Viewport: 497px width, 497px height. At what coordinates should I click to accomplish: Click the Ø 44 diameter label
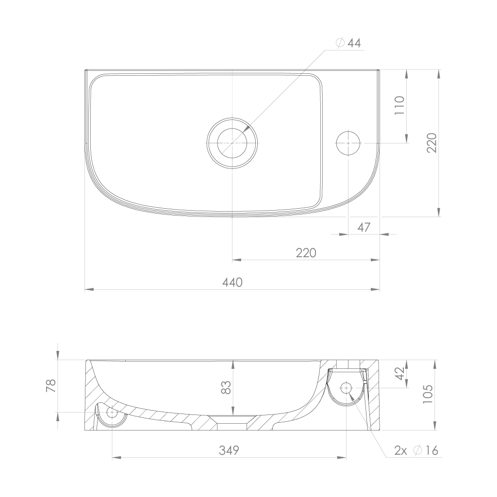click(x=348, y=43)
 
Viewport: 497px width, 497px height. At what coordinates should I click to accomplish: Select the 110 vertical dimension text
click(x=400, y=105)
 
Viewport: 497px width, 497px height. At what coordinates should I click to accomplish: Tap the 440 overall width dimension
click(x=232, y=282)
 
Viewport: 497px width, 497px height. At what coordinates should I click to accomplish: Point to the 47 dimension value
click(x=364, y=227)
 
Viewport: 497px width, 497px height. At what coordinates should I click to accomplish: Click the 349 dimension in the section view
click(x=229, y=450)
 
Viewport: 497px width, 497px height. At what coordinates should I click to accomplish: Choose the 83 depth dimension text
click(x=226, y=387)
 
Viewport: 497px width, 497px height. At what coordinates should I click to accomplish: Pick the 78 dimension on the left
click(x=51, y=386)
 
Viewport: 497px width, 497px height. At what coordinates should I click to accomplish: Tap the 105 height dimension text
click(x=428, y=394)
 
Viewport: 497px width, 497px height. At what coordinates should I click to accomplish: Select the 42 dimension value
click(x=400, y=373)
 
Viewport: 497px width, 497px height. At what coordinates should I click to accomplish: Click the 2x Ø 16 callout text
click(x=416, y=450)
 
